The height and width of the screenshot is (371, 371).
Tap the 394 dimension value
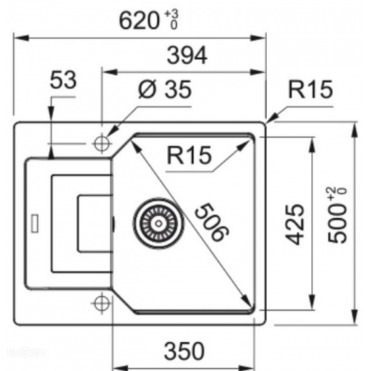pos(187,55)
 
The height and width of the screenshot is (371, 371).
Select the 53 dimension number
pos(63,80)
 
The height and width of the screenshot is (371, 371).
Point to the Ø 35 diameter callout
pos(165,89)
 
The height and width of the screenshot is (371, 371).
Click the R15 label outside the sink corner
pos(310,89)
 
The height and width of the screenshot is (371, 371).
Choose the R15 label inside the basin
pos(189,155)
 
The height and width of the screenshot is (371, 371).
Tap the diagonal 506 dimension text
pos(211,222)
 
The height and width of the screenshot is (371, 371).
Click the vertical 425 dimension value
pos(295,224)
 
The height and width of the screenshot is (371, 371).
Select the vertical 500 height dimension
pos(337,215)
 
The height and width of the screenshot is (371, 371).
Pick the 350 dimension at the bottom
pos(185,351)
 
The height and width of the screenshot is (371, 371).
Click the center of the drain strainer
pos(159,223)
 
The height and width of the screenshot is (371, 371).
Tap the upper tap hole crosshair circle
pos(102,143)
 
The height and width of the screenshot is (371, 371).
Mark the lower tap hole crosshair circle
pos(102,303)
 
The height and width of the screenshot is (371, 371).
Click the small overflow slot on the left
pos(35,223)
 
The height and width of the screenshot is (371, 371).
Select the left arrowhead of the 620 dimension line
pos(21,38)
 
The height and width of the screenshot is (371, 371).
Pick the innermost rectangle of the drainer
pos(95,223)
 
